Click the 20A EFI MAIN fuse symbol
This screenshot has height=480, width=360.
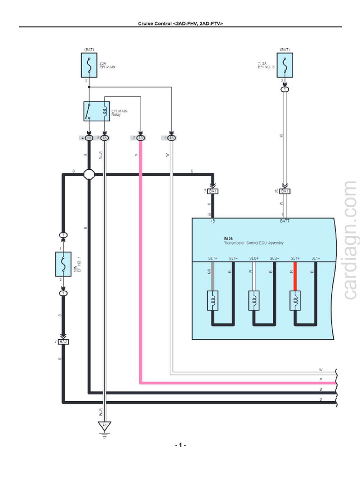[89, 65]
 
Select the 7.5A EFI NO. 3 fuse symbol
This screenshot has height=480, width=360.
[284, 65]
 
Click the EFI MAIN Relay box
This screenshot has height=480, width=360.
[97, 112]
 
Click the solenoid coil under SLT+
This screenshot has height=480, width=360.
[213, 300]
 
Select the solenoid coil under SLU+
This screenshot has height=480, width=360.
[254, 300]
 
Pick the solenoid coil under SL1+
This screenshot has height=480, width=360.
[295, 300]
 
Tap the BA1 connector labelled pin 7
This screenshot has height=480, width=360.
[213, 191]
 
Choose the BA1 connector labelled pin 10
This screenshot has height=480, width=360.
[285, 191]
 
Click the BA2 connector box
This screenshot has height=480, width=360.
[63, 342]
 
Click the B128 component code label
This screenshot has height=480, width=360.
[228, 239]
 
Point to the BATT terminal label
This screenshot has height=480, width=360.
[285, 220]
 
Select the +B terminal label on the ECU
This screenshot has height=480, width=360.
[212, 220]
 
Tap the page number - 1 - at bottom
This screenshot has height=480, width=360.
[180, 444]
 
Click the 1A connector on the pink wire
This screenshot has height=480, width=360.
[140, 138]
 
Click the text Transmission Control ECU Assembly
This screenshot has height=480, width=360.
[253, 243]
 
